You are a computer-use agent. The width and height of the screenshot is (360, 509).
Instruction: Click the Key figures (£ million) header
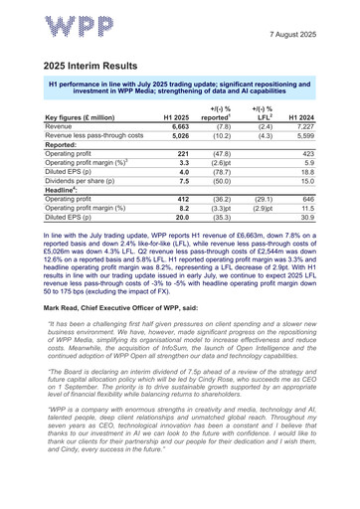[x=76, y=141]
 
